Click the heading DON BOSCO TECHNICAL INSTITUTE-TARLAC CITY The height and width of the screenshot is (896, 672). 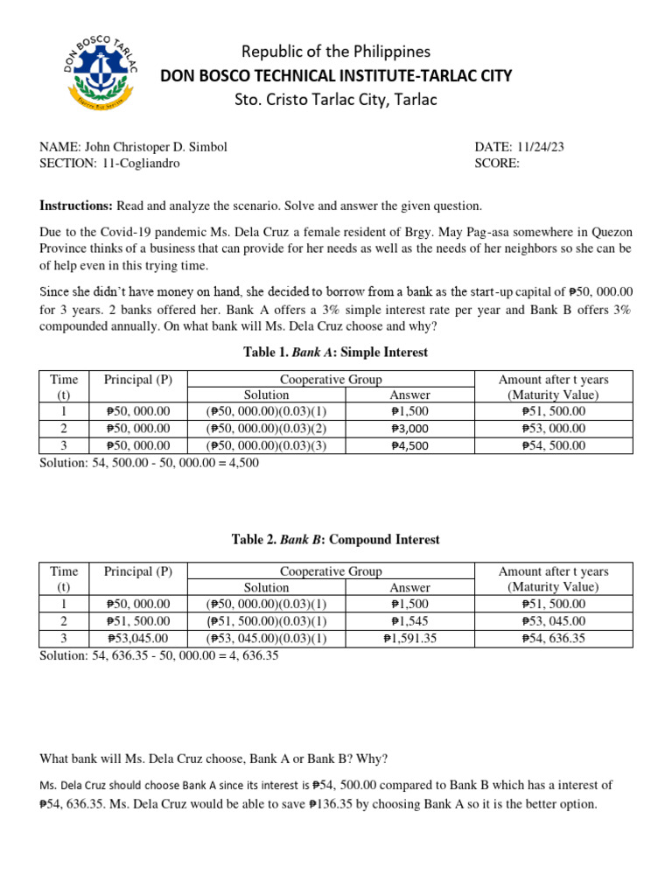point(336,76)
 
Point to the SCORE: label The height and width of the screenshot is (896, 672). point(497,164)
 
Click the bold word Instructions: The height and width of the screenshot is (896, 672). point(76,206)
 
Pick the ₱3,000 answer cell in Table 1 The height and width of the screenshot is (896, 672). point(409,429)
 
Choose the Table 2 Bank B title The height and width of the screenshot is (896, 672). point(335,540)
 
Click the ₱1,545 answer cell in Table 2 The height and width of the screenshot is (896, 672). point(409,621)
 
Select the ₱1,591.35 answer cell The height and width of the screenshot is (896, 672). point(409,638)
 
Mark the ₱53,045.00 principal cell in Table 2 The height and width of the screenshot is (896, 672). point(137,638)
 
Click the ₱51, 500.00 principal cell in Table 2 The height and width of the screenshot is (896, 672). point(137,621)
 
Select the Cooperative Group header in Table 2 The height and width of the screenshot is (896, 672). point(331,571)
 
